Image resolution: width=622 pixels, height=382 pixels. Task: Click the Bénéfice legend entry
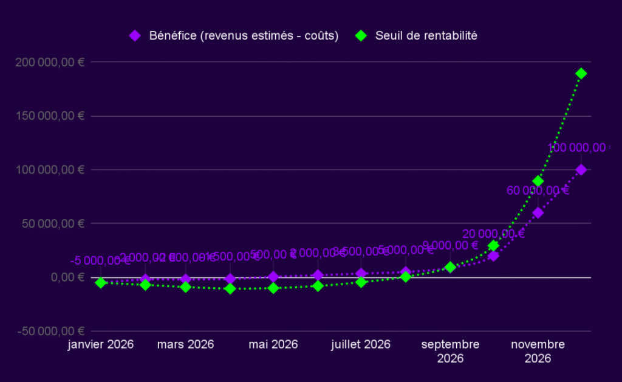pos(234,36)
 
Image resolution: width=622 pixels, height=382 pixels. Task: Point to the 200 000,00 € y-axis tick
pos(52,62)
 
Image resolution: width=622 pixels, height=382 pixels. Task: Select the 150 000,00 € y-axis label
pos(52,116)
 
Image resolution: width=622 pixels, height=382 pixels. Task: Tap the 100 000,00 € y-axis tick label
pos(52,170)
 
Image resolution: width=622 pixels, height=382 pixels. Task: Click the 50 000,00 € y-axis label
pos(55,223)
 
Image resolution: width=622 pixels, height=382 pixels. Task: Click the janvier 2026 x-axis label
pos(101,345)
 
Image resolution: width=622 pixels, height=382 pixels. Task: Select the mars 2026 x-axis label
pos(185,345)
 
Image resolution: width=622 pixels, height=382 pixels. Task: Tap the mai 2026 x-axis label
pos(273,345)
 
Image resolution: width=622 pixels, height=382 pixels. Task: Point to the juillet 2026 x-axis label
pos(361,345)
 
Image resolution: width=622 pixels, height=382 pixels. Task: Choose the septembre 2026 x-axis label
pos(450,351)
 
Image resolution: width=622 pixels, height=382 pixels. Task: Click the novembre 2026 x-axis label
pos(538,351)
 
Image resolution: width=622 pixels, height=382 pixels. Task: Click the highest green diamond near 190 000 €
pos(581,74)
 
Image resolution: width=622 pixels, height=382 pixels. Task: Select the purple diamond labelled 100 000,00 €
pos(581,170)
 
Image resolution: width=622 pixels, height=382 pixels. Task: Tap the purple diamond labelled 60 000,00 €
pos(538,213)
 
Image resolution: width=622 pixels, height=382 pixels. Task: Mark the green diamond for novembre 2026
pos(538,181)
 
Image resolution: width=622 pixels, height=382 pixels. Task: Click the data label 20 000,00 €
pos(493,234)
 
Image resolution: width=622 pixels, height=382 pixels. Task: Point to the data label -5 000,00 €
pos(100,261)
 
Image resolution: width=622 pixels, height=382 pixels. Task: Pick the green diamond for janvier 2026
pos(101,283)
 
